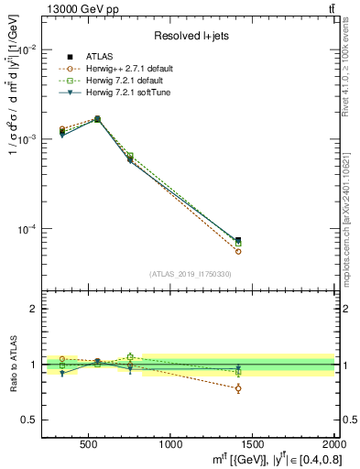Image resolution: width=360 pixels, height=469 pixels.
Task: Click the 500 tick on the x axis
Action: (x=89, y=444)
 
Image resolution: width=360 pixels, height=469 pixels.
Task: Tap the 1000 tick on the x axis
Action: (x=170, y=444)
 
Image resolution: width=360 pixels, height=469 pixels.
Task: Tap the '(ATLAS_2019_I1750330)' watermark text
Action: (x=190, y=274)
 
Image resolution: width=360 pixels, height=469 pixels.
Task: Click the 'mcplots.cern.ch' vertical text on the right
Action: (x=352, y=220)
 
